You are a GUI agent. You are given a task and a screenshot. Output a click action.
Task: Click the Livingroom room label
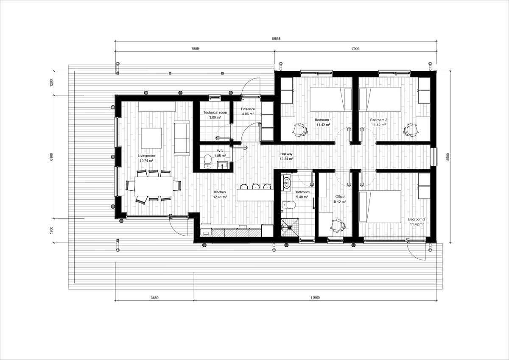(146, 156)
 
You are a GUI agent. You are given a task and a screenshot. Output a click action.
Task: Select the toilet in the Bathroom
(291, 205)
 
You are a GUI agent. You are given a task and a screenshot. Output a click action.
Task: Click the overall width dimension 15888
(276, 38)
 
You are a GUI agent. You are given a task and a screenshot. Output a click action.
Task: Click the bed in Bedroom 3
(380, 206)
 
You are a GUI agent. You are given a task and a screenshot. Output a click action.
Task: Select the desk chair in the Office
(337, 225)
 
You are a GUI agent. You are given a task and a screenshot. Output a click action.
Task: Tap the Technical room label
(215, 112)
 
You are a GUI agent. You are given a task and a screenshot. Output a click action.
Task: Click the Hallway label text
(286, 154)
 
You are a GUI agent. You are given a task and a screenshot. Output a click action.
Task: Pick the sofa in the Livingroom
(182, 137)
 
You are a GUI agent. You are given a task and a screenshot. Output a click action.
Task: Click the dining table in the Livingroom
(154, 186)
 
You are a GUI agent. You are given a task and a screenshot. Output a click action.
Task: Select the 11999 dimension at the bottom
(315, 298)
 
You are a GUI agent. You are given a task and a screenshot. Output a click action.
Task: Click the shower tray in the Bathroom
(290, 227)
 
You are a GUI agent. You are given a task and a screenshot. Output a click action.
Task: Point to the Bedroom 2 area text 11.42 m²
(378, 125)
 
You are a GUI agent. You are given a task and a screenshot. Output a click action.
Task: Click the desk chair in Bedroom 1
(300, 129)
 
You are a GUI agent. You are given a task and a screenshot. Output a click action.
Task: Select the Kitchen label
(220, 192)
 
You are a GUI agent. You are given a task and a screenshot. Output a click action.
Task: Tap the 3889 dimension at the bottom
(154, 298)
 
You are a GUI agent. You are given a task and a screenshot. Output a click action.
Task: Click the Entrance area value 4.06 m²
(248, 114)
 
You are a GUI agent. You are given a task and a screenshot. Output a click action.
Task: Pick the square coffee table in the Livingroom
(151, 138)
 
